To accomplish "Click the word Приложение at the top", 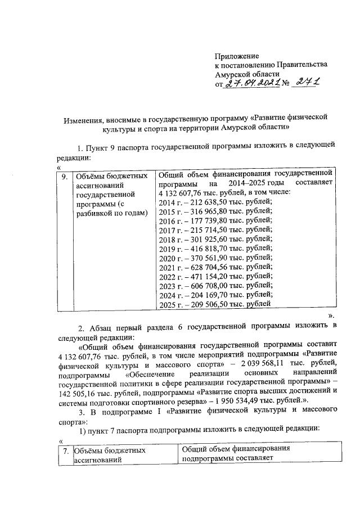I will pyautogui.click(x=237, y=57).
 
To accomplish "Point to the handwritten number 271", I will pyautogui.click(x=307, y=83).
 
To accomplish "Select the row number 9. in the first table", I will pyautogui.click(x=66, y=175).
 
